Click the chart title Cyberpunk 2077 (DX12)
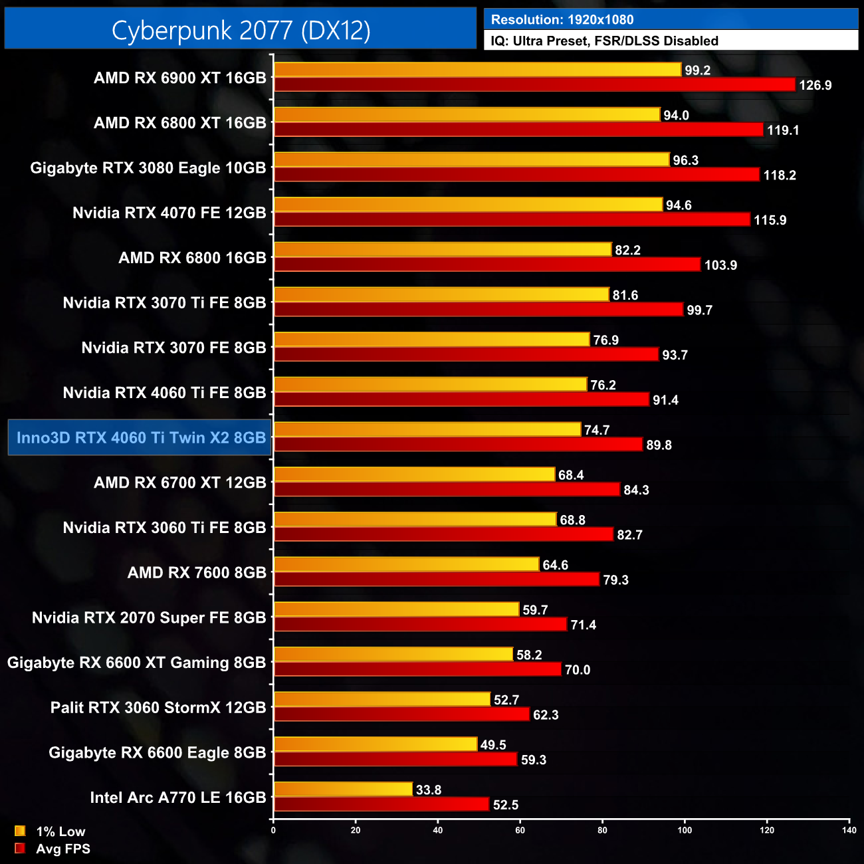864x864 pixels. [x=241, y=30]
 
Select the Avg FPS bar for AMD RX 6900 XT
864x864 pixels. [x=534, y=84]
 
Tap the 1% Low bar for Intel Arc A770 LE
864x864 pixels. [x=343, y=789]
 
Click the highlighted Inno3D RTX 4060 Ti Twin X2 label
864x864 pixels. [x=140, y=437]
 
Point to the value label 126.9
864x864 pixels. [x=815, y=85]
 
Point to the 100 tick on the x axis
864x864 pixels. [x=685, y=829]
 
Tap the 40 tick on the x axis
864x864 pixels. [x=437, y=829]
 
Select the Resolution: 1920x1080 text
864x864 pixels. [x=562, y=20]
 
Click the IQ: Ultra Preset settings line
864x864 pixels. [x=604, y=41]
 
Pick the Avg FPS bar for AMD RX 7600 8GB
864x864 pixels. [x=437, y=580]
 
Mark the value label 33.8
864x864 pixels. [x=428, y=790]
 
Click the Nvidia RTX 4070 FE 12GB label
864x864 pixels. [x=169, y=213]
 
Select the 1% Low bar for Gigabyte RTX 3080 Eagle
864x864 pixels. [x=471, y=160]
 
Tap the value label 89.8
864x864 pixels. [x=659, y=445]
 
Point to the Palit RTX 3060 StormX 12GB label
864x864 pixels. [x=158, y=707]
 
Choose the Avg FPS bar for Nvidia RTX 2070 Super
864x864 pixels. [x=420, y=624]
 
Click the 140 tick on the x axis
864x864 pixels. [x=849, y=829]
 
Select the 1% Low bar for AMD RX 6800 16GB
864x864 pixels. [x=443, y=249]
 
